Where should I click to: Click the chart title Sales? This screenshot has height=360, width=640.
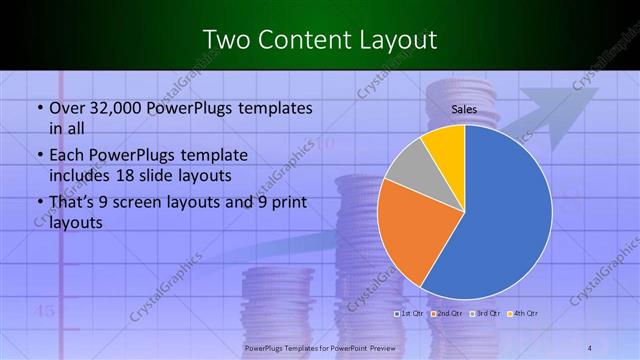tap(464, 110)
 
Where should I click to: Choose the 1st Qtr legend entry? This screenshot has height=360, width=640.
tap(412, 314)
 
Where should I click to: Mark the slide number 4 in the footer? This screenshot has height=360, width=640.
tap(591, 348)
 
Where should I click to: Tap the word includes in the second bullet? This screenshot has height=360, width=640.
tap(78, 175)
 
